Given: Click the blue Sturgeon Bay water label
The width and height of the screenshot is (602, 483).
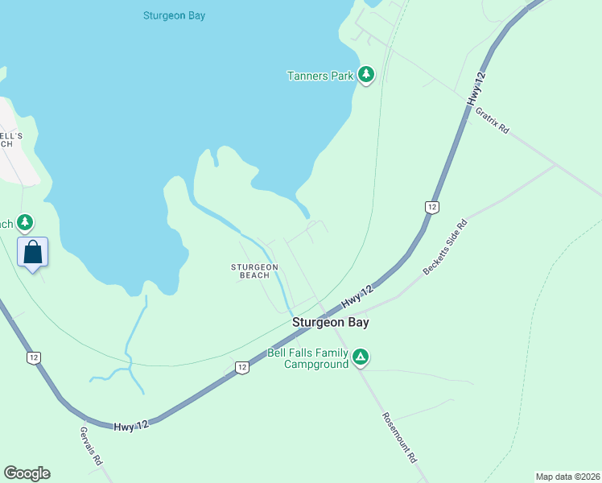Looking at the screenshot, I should coord(174,15).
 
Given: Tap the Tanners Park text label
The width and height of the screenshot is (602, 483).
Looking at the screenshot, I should coord(320,76).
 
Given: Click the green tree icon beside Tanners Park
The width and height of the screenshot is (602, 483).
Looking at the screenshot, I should coord(367,75).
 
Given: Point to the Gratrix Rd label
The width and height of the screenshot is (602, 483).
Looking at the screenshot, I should coord(492,118).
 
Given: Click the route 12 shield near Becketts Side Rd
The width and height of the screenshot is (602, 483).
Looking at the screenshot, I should coord(432,207).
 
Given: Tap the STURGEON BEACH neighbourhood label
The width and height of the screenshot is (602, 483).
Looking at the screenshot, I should coord(254,270).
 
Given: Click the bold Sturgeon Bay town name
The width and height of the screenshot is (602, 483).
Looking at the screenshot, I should coord(330,322).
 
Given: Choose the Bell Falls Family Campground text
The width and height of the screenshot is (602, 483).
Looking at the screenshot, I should coord(308,358).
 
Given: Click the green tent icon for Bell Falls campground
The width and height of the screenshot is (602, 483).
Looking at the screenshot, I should coord(361,357).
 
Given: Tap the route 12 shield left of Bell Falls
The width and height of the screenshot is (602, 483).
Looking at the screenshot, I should coord(241,367).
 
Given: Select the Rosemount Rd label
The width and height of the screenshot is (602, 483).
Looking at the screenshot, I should coord(399,438).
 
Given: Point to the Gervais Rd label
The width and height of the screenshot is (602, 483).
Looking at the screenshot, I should coord(91,446).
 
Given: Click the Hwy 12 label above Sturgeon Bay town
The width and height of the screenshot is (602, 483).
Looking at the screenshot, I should coord(358,297).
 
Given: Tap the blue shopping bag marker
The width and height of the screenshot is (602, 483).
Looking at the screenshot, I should coord(32,252).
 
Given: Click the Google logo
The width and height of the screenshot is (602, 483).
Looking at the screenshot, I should coord(27,473).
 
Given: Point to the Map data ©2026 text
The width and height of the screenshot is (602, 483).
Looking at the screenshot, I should coord(567,477).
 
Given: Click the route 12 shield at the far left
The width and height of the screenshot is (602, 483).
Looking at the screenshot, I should coord(33,357).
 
